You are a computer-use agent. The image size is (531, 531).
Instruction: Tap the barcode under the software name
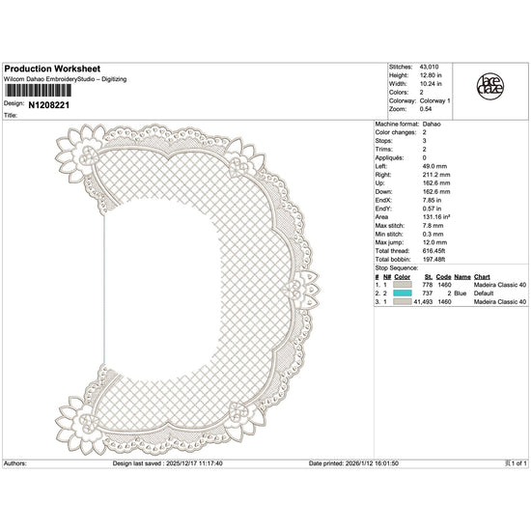[36, 89]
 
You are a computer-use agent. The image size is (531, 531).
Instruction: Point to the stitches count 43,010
[428, 67]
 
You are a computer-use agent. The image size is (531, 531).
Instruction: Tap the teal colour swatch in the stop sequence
[402, 293]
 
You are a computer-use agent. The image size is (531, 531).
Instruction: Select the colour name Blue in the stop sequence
[461, 293]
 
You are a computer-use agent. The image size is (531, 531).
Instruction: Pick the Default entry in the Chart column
[484, 293]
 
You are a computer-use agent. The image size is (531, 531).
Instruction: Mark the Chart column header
[483, 277]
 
